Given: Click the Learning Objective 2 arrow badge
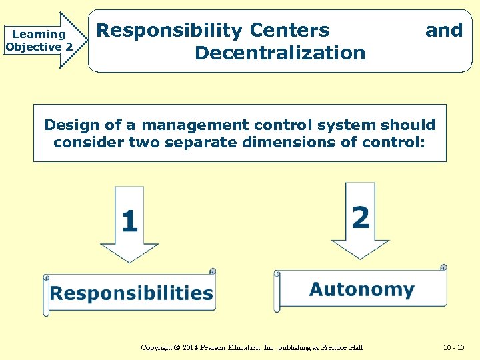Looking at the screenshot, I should click(x=40, y=41).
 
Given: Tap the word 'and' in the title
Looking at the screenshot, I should click(x=443, y=31).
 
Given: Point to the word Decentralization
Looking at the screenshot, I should click(x=280, y=53).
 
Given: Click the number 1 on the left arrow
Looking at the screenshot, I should click(x=130, y=221).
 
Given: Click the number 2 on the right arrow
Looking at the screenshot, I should click(x=361, y=217).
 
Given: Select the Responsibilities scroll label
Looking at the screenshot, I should click(x=131, y=293).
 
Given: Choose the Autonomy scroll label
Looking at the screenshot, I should click(x=361, y=289).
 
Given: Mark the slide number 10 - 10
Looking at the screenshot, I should click(x=454, y=347).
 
